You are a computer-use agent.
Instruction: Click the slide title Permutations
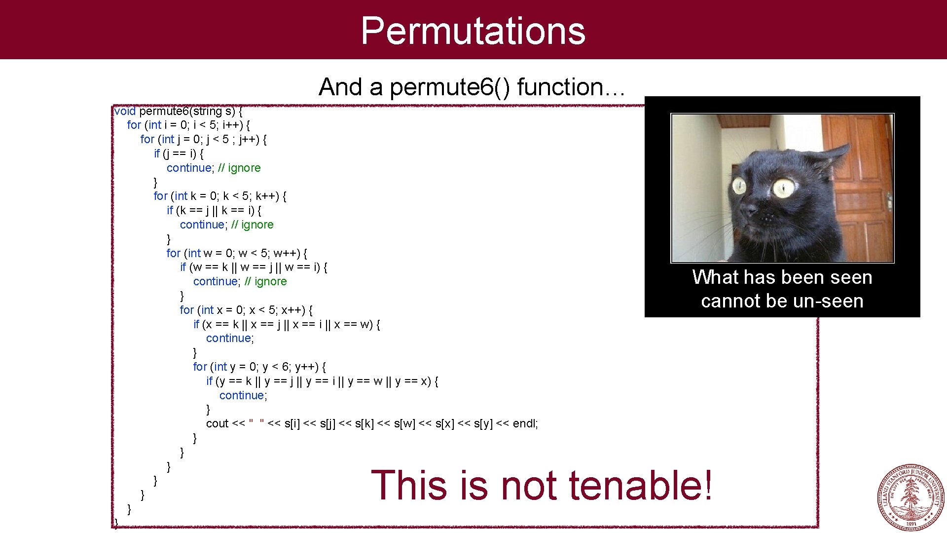click(473, 31)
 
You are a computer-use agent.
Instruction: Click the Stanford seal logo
click(911, 497)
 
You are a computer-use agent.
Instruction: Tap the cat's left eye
click(739, 186)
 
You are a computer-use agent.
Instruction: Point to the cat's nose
click(750, 211)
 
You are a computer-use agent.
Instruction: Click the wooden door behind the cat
click(858, 183)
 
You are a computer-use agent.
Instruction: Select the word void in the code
click(125, 112)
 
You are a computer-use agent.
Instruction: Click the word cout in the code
click(217, 423)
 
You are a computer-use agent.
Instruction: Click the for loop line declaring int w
click(237, 253)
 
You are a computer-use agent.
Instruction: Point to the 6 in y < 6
click(285, 367)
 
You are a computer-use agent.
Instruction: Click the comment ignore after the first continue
click(244, 168)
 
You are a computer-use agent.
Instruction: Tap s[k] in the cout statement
click(364, 423)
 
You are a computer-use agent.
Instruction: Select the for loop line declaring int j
click(203, 139)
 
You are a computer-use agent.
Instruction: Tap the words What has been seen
click(782, 277)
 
